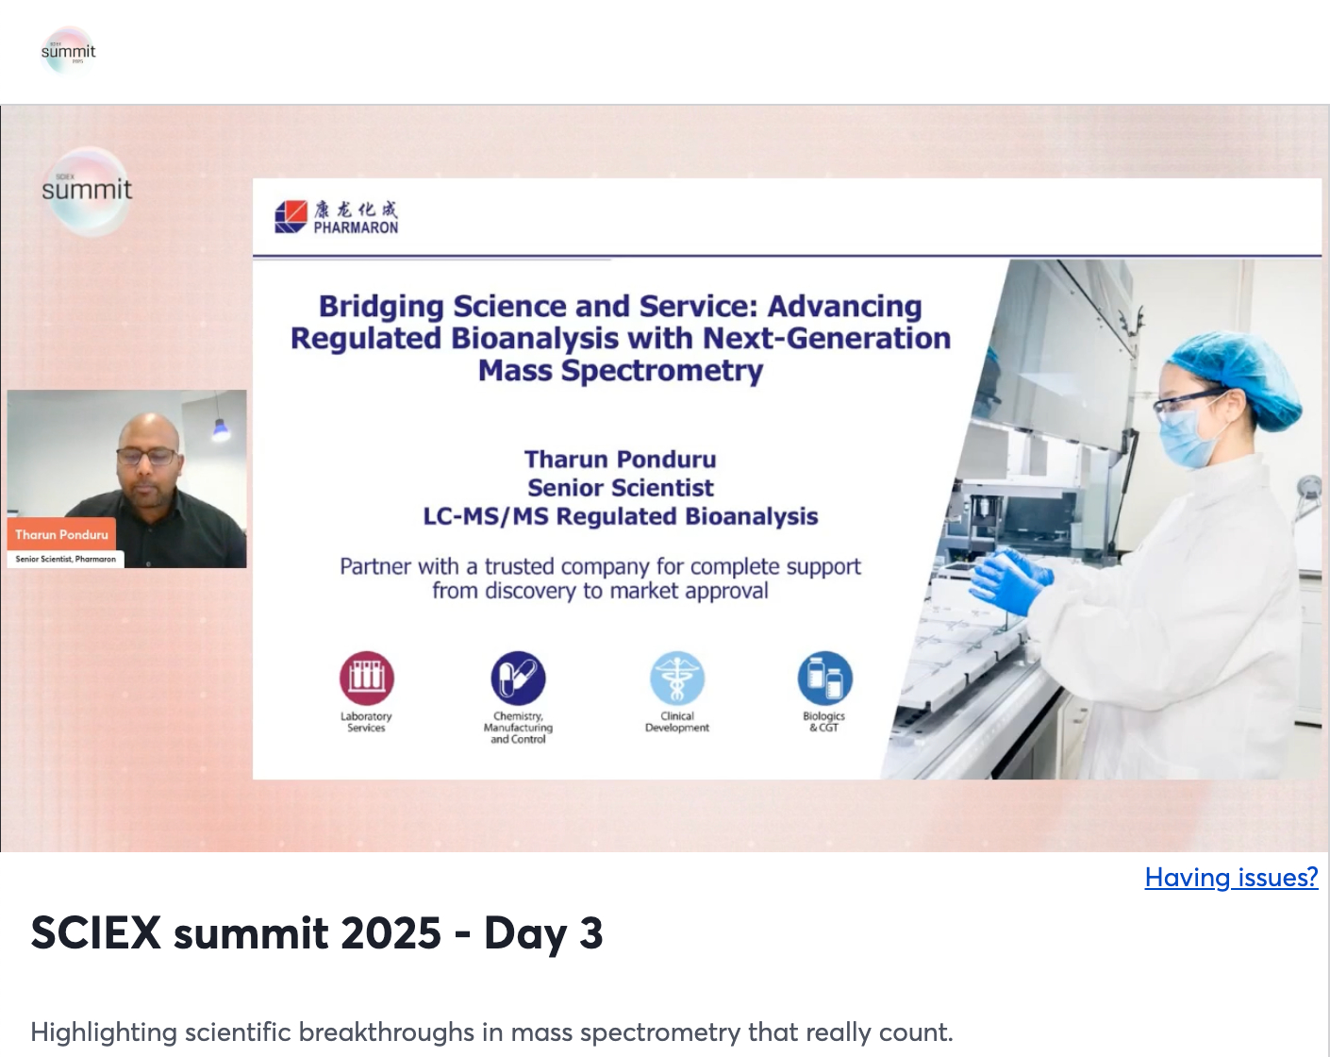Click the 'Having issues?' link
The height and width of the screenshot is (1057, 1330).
pyautogui.click(x=1231, y=877)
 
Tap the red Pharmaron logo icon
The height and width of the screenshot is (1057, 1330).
pyautogui.click(x=291, y=216)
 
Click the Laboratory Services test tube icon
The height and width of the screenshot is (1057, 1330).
pyautogui.click(x=367, y=678)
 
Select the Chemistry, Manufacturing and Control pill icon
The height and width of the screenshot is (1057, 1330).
pyautogui.click(x=518, y=678)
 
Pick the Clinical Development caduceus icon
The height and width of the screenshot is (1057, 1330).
pyautogui.click(x=676, y=678)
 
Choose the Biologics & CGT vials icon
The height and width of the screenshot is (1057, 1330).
pyautogui.click(x=824, y=678)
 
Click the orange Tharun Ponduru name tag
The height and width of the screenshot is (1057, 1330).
pyautogui.click(x=61, y=534)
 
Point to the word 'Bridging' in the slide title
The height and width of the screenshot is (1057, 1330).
pyautogui.click(x=381, y=307)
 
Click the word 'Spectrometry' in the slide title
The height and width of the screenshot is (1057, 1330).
pyautogui.click(x=662, y=371)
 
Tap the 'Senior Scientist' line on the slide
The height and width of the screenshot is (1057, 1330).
pyautogui.click(x=621, y=488)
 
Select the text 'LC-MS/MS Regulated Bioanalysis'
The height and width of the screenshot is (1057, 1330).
pyautogui.click(x=621, y=516)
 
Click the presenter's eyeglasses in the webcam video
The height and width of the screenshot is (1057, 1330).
pyautogui.click(x=147, y=457)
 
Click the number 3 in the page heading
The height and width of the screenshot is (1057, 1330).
pyautogui.click(x=590, y=932)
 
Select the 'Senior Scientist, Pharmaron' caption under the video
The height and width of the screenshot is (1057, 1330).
pyautogui.click(x=65, y=559)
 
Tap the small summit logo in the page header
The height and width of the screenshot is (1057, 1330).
pyautogui.click(x=69, y=51)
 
